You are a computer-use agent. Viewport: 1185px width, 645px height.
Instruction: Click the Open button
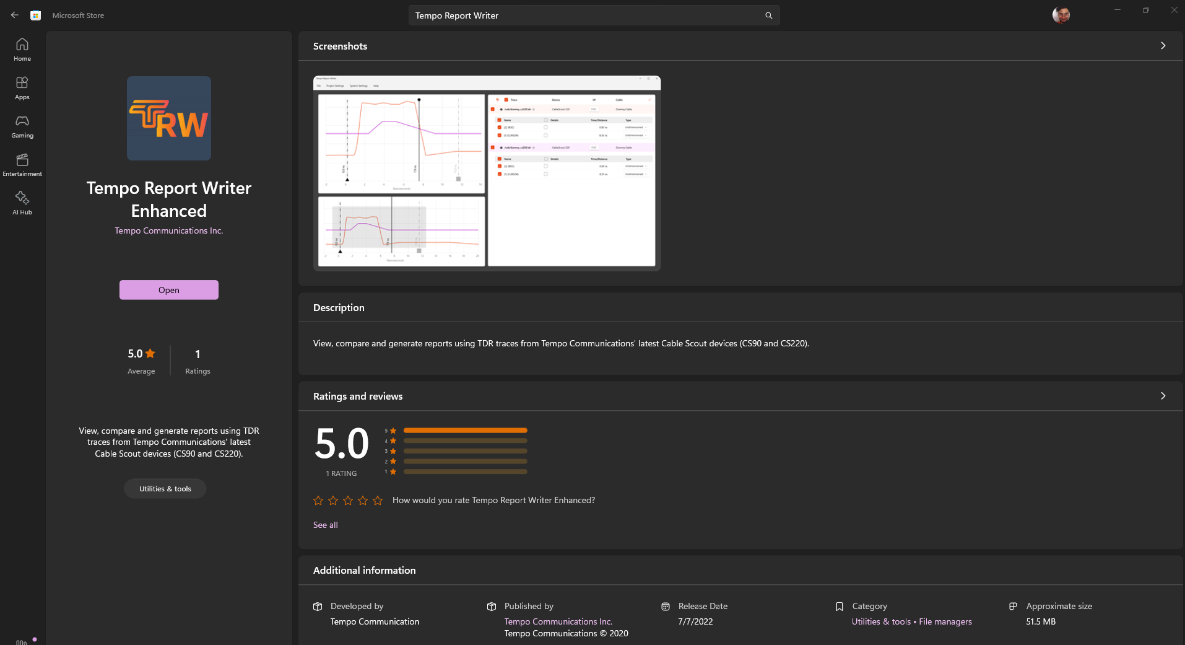168,290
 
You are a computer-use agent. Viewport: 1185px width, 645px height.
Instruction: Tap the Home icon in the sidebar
22,49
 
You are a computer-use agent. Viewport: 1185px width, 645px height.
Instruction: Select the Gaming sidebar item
22,126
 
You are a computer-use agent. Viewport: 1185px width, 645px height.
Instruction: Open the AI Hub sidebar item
22,203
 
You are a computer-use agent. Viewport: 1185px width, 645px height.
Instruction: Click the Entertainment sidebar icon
22,164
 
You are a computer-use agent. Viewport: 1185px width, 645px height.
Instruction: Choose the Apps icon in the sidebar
22,87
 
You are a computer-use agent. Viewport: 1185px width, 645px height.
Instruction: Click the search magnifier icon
768,15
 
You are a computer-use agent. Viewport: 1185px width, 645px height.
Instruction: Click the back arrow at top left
15,15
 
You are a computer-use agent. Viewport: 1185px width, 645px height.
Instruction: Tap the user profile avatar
1061,15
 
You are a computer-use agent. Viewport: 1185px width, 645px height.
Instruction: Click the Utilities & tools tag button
165,489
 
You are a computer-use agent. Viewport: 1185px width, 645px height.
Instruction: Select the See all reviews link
326,525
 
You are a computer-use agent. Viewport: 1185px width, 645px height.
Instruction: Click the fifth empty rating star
378,501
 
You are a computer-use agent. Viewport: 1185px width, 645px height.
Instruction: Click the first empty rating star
318,501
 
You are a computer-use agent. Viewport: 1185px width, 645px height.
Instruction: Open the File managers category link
945,621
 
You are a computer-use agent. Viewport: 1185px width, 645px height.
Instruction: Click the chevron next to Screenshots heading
1163,46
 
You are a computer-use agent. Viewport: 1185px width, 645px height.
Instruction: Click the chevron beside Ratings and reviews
1163,396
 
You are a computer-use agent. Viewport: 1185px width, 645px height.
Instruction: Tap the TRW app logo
169,118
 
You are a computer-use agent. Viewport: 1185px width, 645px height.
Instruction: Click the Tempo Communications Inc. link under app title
168,230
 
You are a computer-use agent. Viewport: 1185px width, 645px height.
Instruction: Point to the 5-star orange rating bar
465,430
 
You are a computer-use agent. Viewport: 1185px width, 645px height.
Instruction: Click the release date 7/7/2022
695,621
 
